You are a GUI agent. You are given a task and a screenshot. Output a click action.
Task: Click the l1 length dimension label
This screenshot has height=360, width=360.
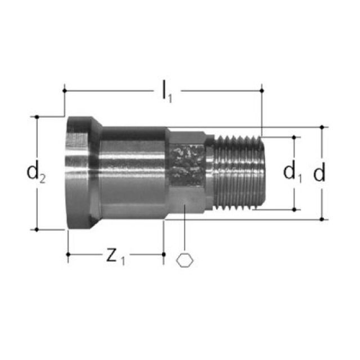166,92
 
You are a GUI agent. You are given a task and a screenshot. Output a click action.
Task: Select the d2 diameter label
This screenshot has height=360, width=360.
36,173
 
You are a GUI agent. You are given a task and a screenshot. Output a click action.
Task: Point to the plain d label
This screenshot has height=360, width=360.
319,173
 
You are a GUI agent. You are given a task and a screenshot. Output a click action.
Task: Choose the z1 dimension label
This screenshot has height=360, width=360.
116,256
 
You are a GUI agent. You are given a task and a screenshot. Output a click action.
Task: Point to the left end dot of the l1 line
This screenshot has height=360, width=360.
65,90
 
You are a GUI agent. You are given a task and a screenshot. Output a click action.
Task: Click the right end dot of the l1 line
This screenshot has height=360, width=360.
262,90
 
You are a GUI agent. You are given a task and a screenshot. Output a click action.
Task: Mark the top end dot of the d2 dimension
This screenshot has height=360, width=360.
37,117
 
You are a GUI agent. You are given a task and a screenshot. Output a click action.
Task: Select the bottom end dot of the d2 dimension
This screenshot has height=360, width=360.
37,229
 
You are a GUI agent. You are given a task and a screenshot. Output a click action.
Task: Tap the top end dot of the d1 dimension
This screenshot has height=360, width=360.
294,137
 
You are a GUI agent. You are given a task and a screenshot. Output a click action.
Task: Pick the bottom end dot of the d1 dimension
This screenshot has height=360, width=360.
294,209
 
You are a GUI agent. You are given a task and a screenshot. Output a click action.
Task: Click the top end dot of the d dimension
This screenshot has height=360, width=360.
322,127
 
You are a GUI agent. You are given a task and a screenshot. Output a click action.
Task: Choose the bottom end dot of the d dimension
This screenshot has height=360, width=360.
322,219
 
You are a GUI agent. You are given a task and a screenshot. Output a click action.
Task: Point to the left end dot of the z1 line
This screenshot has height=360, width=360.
68,254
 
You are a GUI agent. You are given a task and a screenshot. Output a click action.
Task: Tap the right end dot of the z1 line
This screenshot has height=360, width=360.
164,254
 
